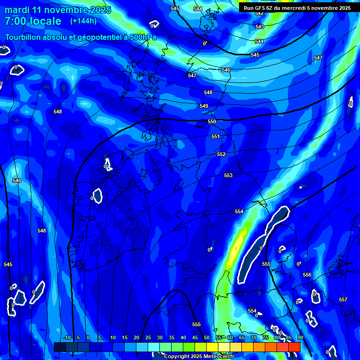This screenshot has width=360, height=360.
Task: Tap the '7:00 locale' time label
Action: pos(33,21)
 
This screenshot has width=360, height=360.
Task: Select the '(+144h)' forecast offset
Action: pos(84,21)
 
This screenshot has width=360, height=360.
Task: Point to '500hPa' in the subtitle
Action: pos(140,37)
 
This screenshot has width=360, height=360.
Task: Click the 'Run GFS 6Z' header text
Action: pos(260,7)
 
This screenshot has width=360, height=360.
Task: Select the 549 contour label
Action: pos(204,106)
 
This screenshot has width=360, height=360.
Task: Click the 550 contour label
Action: pos(212,121)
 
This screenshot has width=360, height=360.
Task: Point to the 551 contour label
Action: pos(216,137)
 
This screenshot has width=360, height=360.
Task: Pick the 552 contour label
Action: pos(221,154)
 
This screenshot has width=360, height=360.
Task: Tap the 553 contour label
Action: pos(228,175)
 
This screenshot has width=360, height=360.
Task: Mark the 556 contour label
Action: pos(307,275)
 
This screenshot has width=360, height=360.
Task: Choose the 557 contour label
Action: pos(343,300)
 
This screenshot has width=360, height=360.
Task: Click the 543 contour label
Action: pos(260,27)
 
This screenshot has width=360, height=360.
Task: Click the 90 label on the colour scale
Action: pos(300,337)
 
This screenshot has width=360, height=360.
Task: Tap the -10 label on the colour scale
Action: pos(67,337)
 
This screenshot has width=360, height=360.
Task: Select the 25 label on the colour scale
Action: pos(148,337)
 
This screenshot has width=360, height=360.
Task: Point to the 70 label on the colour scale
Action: pos(253,337)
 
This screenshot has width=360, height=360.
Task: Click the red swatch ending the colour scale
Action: pos(294,347)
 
